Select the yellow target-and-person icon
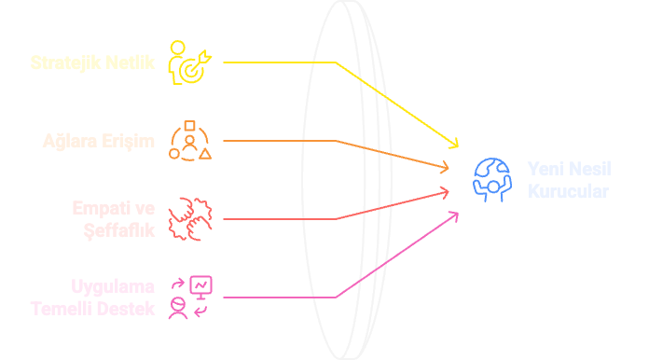pos(190,63)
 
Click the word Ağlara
pos(71,142)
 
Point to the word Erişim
pos(129,142)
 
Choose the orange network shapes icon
pos(190,141)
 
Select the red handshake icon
pos(190,219)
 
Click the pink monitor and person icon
pos(190,297)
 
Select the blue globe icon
pos(492,179)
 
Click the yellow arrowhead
pos(455,144)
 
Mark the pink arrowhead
pos(454,215)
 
